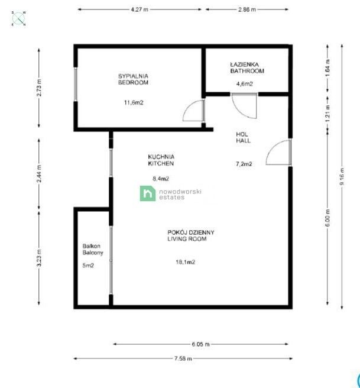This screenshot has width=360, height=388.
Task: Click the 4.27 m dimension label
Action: point(140,9)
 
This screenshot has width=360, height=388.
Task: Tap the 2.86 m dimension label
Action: point(247,9)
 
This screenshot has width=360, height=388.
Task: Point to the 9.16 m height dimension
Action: point(342,176)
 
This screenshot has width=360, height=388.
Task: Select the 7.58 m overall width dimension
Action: point(183,358)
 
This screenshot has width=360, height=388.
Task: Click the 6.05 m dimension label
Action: point(200,344)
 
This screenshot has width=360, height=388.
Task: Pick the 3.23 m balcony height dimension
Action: point(39,258)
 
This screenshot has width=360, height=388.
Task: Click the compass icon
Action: point(19,18)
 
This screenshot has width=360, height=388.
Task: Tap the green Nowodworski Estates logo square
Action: point(148,193)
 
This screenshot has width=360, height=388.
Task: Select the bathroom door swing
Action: point(244,106)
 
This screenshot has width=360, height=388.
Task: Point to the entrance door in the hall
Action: point(278,153)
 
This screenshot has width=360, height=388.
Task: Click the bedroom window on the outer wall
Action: point(76,84)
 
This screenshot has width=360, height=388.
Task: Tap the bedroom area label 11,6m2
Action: point(134,102)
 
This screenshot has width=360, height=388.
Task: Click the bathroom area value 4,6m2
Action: point(245,83)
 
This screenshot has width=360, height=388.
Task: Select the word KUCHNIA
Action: point(161,157)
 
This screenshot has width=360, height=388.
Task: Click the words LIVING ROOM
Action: point(187,239)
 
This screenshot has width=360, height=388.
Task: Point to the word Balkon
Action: point(91,246)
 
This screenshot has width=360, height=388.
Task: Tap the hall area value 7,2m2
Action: point(244,164)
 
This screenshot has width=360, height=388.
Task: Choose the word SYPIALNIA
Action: point(133,76)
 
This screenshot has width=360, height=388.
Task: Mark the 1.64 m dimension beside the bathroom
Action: point(327,67)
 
